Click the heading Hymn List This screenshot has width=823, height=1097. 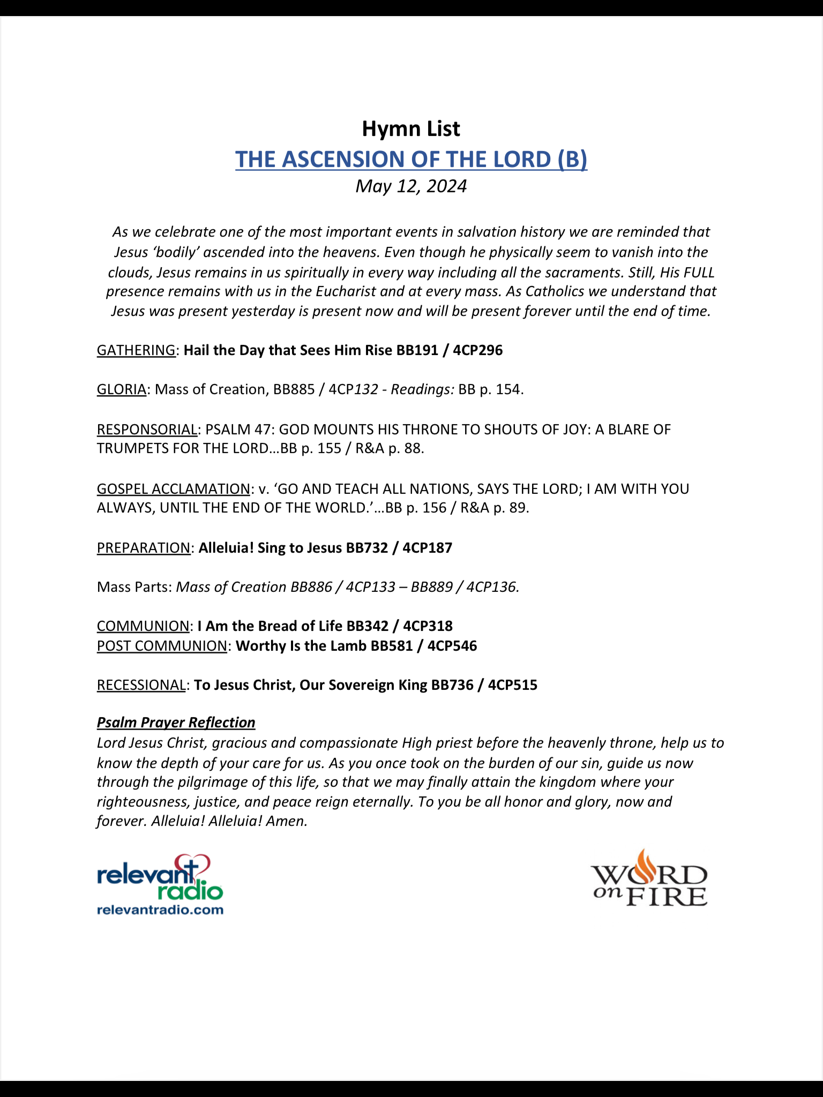411,129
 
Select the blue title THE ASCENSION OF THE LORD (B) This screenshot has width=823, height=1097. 411,160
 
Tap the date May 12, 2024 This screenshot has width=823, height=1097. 411,186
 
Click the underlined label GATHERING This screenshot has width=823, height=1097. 136,350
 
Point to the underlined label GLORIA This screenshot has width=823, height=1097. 122,389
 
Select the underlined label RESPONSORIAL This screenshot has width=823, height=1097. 147,430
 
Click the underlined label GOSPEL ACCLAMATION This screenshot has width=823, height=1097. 173,489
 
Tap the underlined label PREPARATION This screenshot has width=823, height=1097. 144,548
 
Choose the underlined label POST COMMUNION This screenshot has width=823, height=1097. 162,646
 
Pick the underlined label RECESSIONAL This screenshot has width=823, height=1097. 141,685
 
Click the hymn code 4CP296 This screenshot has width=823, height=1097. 478,350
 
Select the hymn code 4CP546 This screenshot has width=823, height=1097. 452,646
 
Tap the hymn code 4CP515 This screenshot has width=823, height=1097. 512,685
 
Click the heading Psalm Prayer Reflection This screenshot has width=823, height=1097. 176,723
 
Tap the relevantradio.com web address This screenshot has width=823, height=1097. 160,910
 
